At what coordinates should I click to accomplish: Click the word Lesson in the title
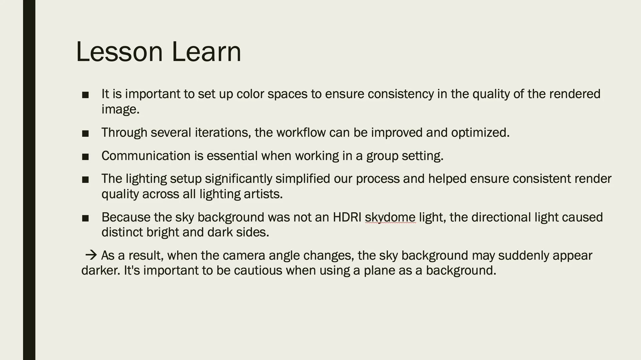tap(120, 52)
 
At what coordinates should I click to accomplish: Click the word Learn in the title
tap(206, 52)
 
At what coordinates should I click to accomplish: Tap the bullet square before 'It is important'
tap(85, 95)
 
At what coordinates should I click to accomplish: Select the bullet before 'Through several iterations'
tap(85, 134)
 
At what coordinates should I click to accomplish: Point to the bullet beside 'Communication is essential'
tap(85, 157)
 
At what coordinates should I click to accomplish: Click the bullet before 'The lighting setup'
tap(85, 180)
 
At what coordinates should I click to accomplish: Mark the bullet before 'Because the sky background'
tap(85, 219)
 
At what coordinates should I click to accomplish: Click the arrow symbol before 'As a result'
tap(91, 255)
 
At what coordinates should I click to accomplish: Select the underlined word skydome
tap(390, 218)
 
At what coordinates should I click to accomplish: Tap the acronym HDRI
tap(347, 217)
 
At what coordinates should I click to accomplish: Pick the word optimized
tap(480, 133)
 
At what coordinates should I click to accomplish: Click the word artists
tap(263, 194)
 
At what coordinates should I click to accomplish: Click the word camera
tap(244, 256)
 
